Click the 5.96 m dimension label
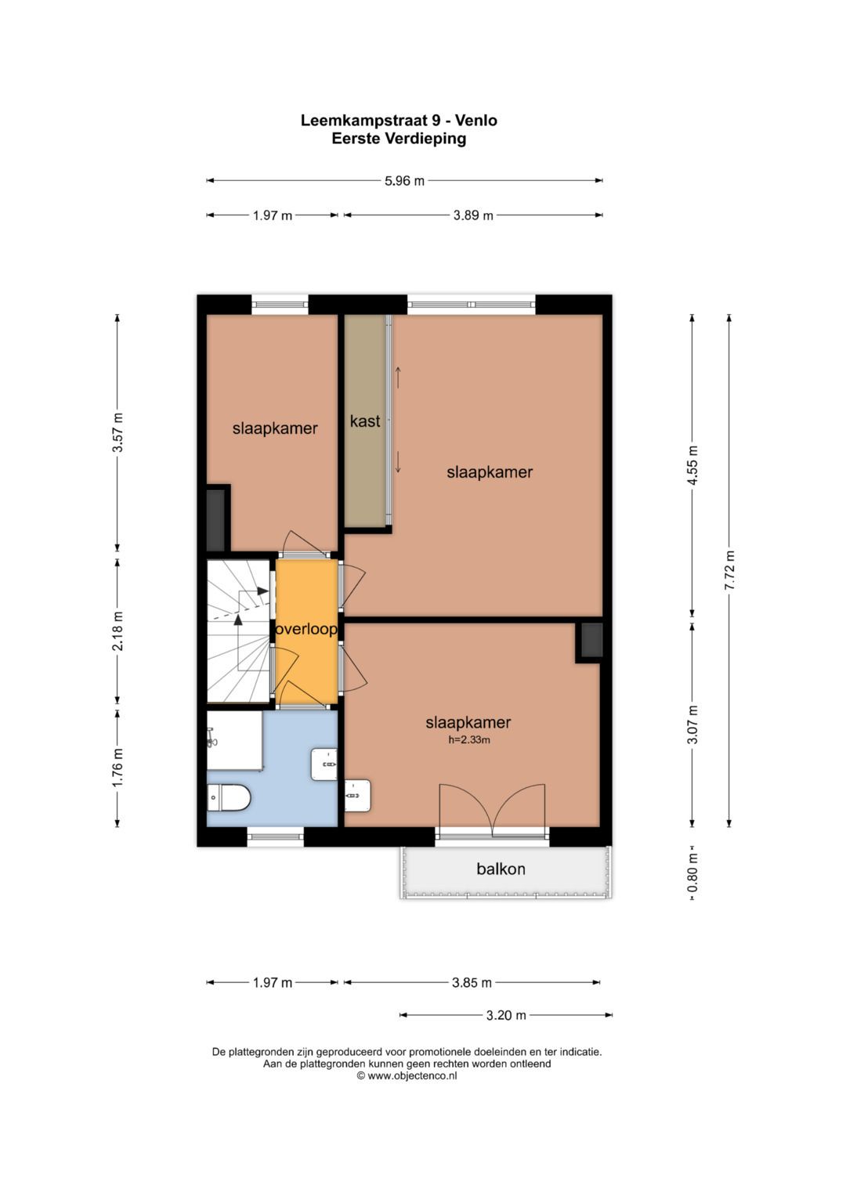click(404, 181)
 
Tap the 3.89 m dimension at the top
click(473, 215)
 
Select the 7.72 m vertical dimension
click(729, 569)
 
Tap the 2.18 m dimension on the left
click(117, 631)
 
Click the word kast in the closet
click(365, 421)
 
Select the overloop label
click(306, 630)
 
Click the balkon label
click(501, 869)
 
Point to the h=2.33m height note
click(469, 740)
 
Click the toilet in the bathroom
click(229, 798)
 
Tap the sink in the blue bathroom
click(324, 764)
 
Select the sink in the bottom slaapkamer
click(358, 796)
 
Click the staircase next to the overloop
click(238, 631)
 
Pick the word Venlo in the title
click(476, 121)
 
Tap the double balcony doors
click(493, 810)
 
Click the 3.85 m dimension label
click(472, 982)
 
